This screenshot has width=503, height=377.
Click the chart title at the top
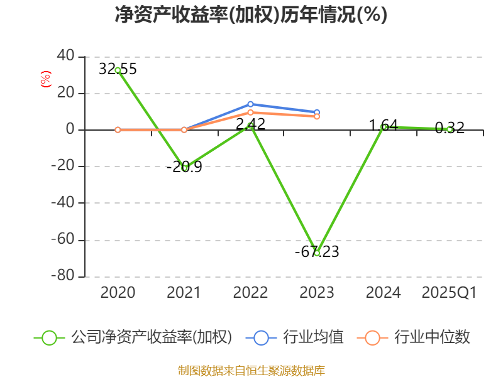coord(251,14)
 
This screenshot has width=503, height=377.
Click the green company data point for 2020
coord(118,70)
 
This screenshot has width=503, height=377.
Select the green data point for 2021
coord(184,168)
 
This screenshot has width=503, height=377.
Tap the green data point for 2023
coord(317,253)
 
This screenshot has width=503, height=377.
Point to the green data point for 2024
coord(384,127)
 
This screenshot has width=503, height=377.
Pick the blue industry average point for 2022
coord(250,104)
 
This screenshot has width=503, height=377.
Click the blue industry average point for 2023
coord(317,112)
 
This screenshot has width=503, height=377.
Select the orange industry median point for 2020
coord(118,129)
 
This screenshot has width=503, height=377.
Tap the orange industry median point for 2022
coord(250,112)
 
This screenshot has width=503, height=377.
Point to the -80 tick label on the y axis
coord(62,276)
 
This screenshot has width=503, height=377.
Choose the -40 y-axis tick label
coord(62,203)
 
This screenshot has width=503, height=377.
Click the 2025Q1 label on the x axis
coord(449,293)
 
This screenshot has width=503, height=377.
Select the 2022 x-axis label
coord(250,293)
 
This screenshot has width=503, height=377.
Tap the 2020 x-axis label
coord(118,293)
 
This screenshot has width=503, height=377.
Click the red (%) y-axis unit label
coord(45,79)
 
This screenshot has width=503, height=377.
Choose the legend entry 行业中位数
coord(414,337)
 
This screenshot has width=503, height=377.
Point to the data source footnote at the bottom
coord(251,370)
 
